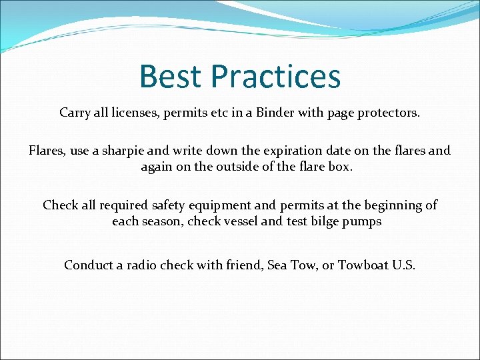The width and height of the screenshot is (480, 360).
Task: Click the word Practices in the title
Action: click(x=276, y=77)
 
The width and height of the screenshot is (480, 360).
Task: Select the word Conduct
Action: click(x=89, y=265)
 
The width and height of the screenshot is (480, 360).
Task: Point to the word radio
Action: click(x=144, y=265)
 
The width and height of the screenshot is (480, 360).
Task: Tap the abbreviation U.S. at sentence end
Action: click(x=403, y=265)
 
